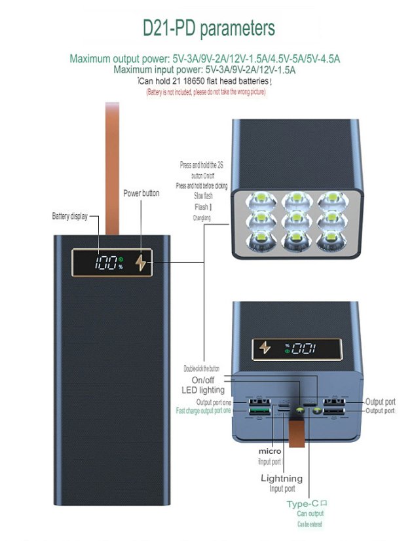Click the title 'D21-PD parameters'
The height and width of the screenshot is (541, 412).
pos(208,28)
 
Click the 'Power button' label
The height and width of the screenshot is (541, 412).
pos(141,193)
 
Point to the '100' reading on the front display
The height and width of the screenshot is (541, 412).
pos(105,264)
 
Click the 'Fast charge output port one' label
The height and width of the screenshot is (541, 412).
pos(204,411)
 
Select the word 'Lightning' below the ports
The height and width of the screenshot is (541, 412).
pos(282,479)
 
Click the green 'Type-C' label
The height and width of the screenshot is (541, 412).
pos(303,504)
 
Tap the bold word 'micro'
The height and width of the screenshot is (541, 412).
pos(270,451)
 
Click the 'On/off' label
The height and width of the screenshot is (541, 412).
pos(202,381)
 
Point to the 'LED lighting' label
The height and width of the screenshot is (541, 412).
pos(203,390)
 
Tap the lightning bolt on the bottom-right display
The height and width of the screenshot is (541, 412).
pos(265,348)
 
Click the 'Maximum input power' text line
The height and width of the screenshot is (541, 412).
pos(204,69)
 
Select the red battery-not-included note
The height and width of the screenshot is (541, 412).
pos(206,92)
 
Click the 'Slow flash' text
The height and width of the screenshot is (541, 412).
pos(203,196)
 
